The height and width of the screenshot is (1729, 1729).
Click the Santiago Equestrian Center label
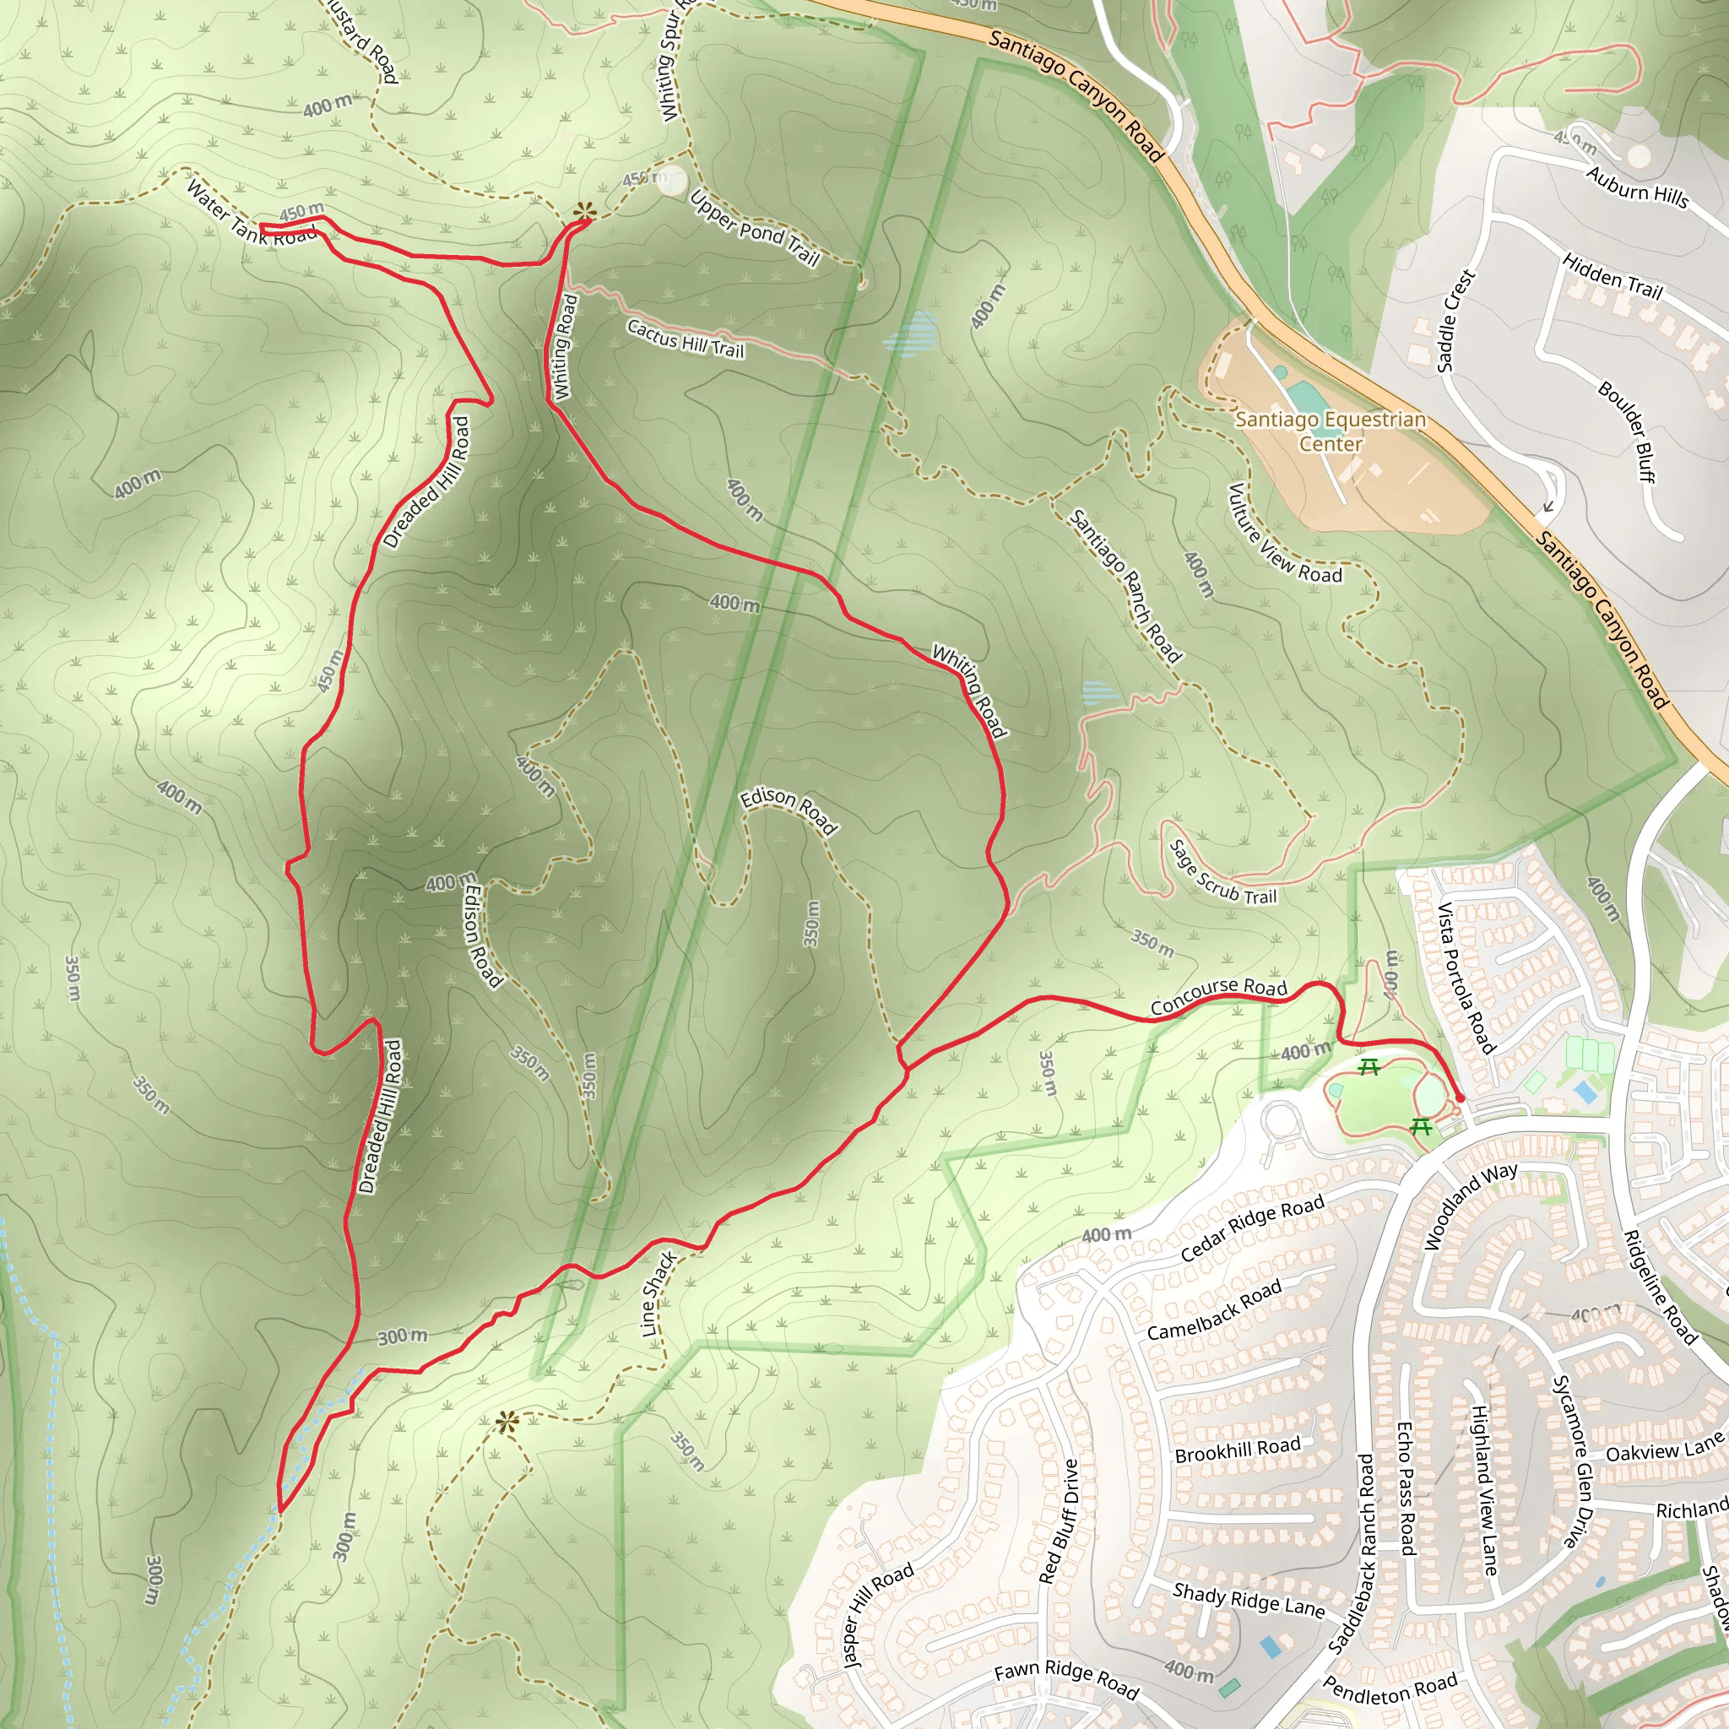(1330, 431)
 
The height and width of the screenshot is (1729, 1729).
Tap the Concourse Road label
(1218, 996)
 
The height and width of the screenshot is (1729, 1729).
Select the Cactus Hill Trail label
(685, 339)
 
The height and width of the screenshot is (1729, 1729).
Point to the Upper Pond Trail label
(756, 229)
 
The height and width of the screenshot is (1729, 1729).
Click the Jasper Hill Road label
(879, 1614)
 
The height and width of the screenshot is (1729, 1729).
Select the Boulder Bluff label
(1626, 431)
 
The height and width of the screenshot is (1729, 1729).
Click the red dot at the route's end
(1460, 1098)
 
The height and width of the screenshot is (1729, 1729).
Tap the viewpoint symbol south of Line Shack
(507, 1422)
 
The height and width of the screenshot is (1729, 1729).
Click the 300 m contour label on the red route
(402, 1337)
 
